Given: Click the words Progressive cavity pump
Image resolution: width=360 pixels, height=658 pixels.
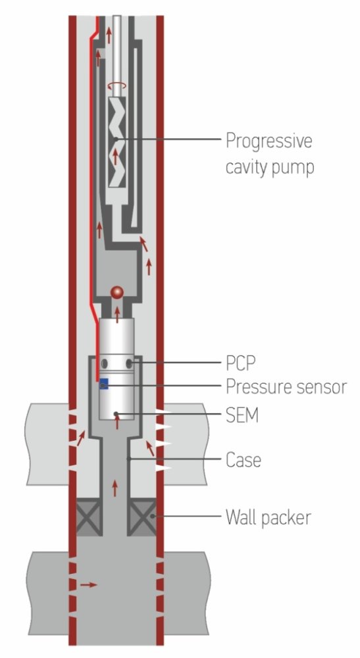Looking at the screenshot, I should point(269,154).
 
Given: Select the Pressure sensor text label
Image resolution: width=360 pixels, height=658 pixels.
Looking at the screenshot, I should point(286,386).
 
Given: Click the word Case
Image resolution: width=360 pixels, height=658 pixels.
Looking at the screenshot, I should point(244,459).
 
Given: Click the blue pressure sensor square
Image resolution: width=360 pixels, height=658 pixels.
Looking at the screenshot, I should point(103,384).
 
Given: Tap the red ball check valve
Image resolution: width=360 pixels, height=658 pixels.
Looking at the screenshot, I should point(117,291).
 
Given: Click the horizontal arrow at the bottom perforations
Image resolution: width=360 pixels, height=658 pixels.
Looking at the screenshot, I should point(88,584).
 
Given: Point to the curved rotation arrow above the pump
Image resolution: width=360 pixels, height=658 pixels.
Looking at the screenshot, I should point(116,85).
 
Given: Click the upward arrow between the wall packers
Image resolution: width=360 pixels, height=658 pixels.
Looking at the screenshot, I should point(116,488).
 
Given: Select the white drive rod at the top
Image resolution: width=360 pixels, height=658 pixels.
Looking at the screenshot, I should point(116,46).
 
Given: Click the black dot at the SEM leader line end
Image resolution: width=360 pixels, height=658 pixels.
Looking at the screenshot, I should point(116,414).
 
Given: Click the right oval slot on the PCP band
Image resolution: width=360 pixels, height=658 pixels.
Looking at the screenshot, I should point(130,363).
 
